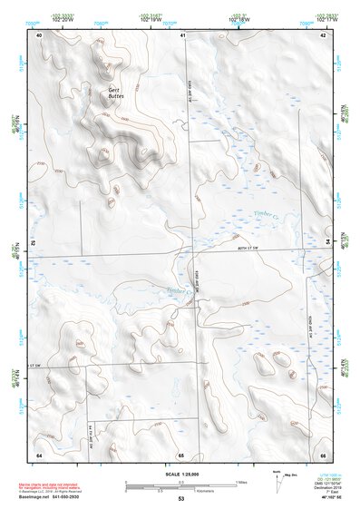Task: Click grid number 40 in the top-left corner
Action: click(39, 34)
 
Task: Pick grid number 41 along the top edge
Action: click(182, 34)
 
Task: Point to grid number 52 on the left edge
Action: click(34, 244)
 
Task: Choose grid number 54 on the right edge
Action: click(327, 244)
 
